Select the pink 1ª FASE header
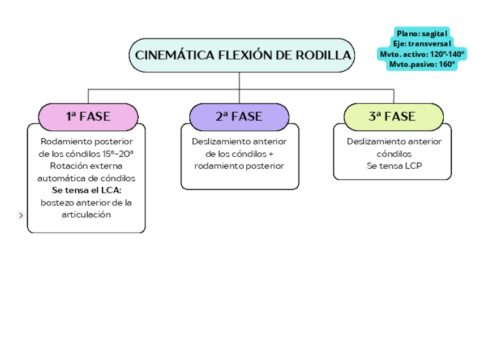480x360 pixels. click(88, 117)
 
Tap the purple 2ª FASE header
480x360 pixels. click(239, 117)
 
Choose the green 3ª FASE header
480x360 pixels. click(392, 117)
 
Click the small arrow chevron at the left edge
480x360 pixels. click(21, 215)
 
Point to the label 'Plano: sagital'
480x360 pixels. click(422, 34)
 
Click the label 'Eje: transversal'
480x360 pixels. click(422, 44)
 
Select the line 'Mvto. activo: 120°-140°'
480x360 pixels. click(422, 54)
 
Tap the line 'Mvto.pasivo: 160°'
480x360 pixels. click(422, 64)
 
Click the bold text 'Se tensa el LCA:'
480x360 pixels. click(86, 190)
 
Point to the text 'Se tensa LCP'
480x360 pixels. click(394, 166)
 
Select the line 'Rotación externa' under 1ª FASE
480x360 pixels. click(86, 166)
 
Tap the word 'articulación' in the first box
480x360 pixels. click(86, 215)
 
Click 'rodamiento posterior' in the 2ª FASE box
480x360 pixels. click(239, 166)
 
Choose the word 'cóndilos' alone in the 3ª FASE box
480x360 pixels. click(394, 153)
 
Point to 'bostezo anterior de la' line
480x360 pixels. click(86, 203)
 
